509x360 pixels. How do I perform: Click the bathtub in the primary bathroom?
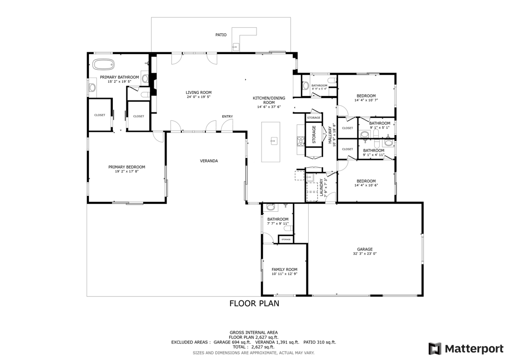pos(103,65)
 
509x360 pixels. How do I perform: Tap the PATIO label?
pos(221,35)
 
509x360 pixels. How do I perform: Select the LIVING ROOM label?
pos(199,92)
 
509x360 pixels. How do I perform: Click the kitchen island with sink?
pos(271,142)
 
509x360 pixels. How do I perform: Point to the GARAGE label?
pos(364,250)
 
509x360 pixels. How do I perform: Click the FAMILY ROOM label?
pos(284,270)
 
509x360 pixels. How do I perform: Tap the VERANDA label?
pos(209,161)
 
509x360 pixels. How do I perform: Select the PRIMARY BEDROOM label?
pos(127,167)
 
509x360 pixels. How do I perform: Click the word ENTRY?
pos(227,116)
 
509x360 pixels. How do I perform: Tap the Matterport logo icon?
pos(435,348)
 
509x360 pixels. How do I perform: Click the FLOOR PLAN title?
pos(254,303)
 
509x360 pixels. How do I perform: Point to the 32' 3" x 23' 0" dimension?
pos(364,254)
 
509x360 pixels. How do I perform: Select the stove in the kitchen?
pos(300,142)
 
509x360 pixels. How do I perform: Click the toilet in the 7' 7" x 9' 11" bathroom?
pos(271,207)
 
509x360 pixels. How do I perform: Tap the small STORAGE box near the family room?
pos(286,240)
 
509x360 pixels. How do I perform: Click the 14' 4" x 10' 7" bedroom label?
pos(366,98)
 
